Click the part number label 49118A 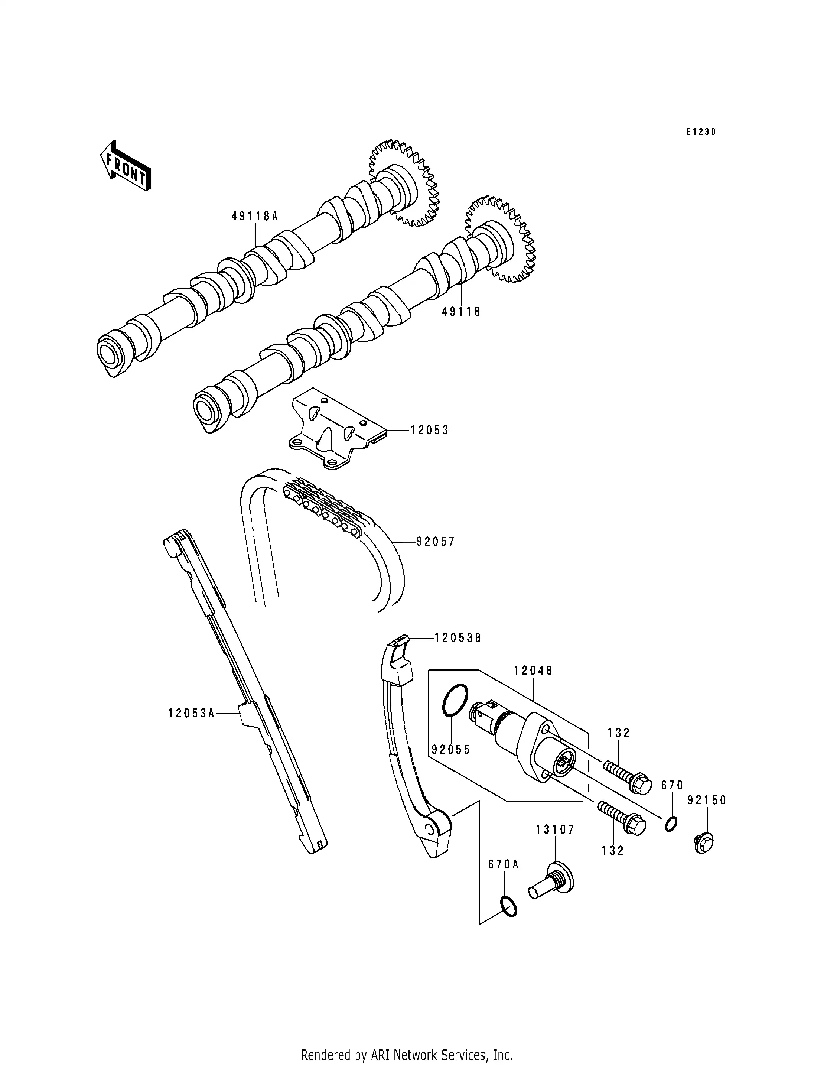[255, 217]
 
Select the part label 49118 [461, 312]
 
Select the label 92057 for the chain [435, 542]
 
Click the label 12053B [458, 638]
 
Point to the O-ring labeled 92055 [455, 700]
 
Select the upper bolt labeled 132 [628, 776]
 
